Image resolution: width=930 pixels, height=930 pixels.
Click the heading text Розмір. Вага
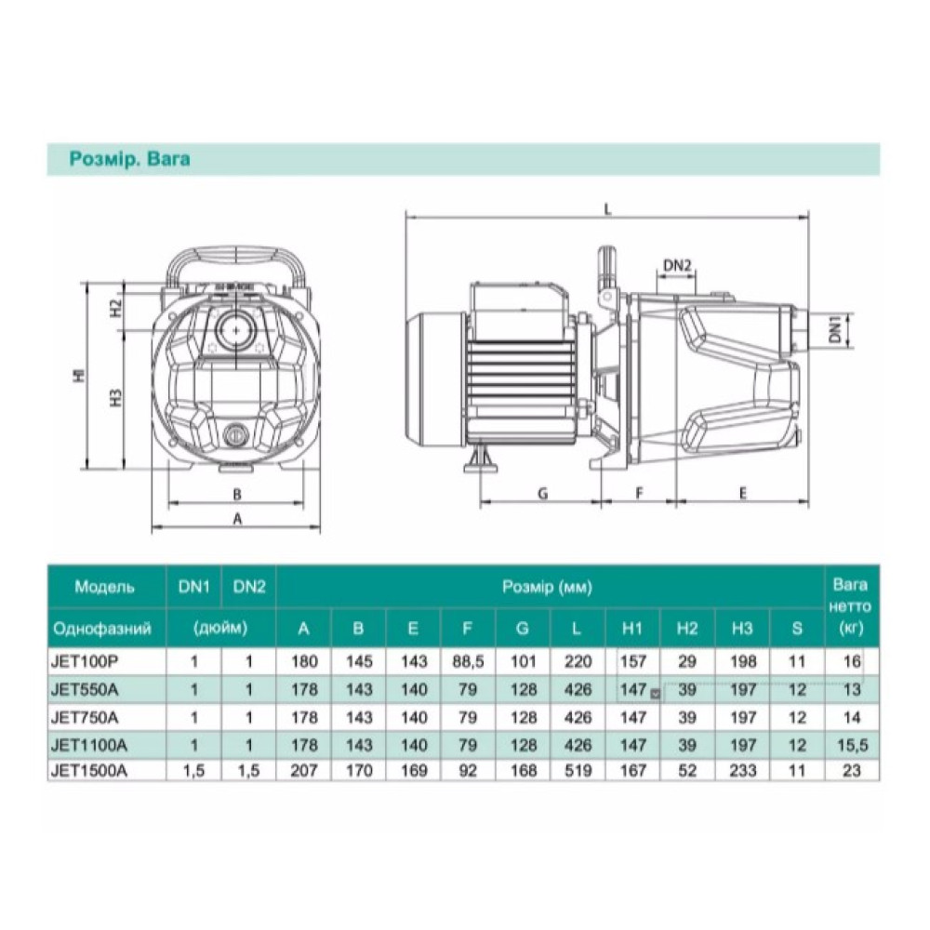pyautogui.click(x=130, y=159)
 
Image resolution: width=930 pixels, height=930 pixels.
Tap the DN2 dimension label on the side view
pyautogui.click(x=677, y=265)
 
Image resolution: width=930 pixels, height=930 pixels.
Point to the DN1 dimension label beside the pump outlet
pyautogui.click(x=835, y=329)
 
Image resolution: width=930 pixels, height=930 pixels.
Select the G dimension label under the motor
pyautogui.click(x=543, y=494)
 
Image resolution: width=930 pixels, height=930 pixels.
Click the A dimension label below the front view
pyautogui.click(x=237, y=519)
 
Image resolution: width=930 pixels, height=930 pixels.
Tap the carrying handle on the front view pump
pyautogui.click(x=236, y=261)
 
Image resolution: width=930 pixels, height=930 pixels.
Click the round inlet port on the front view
pyautogui.click(x=237, y=330)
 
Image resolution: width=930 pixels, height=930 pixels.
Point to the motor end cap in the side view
pyautogui.click(x=435, y=379)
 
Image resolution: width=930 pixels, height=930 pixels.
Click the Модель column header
pyautogui.click(x=104, y=587)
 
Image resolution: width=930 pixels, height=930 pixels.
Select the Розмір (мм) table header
pyautogui.click(x=548, y=587)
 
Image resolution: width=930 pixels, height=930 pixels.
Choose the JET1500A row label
pyautogui.click(x=89, y=770)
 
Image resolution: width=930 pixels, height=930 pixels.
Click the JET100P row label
pyautogui.click(x=81, y=660)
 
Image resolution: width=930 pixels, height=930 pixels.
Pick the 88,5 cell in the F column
pyautogui.click(x=468, y=661)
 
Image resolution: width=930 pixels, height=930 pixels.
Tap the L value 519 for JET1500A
pyautogui.click(x=578, y=771)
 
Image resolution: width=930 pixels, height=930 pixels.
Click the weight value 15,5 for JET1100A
pyautogui.click(x=852, y=745)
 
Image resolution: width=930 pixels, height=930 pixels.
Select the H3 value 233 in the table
pyautogui.click(x=742, y=771)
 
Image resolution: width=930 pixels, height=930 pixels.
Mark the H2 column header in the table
pyautogui.click(x=687, y=628)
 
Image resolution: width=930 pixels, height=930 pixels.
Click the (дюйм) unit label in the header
pyautogui.click(x=220, y=628)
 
